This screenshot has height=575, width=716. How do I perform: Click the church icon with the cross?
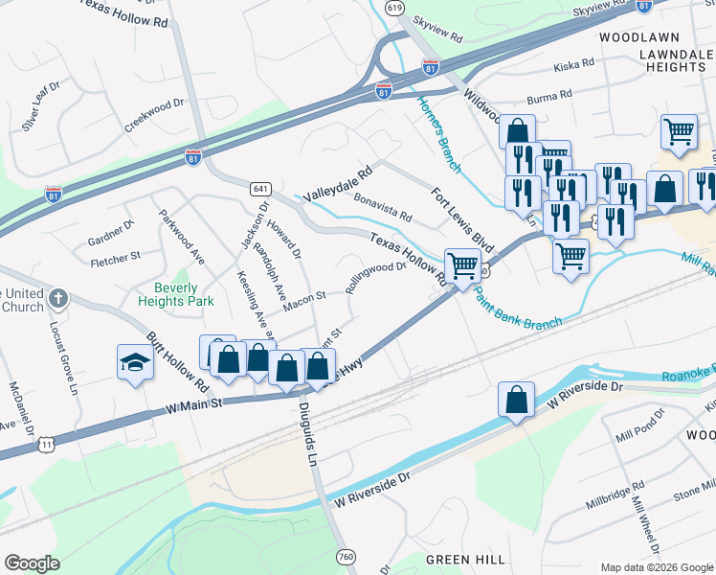[57, 298]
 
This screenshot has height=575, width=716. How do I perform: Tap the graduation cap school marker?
[135, 362]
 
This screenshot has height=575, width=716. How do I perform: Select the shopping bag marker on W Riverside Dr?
[516, 400]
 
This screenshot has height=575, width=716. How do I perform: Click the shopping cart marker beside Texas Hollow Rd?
[462, 264]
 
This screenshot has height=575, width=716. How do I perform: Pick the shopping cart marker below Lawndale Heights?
[679, 131]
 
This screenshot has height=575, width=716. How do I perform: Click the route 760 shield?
[347, 557]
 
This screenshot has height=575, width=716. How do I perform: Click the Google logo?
[32, 563]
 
